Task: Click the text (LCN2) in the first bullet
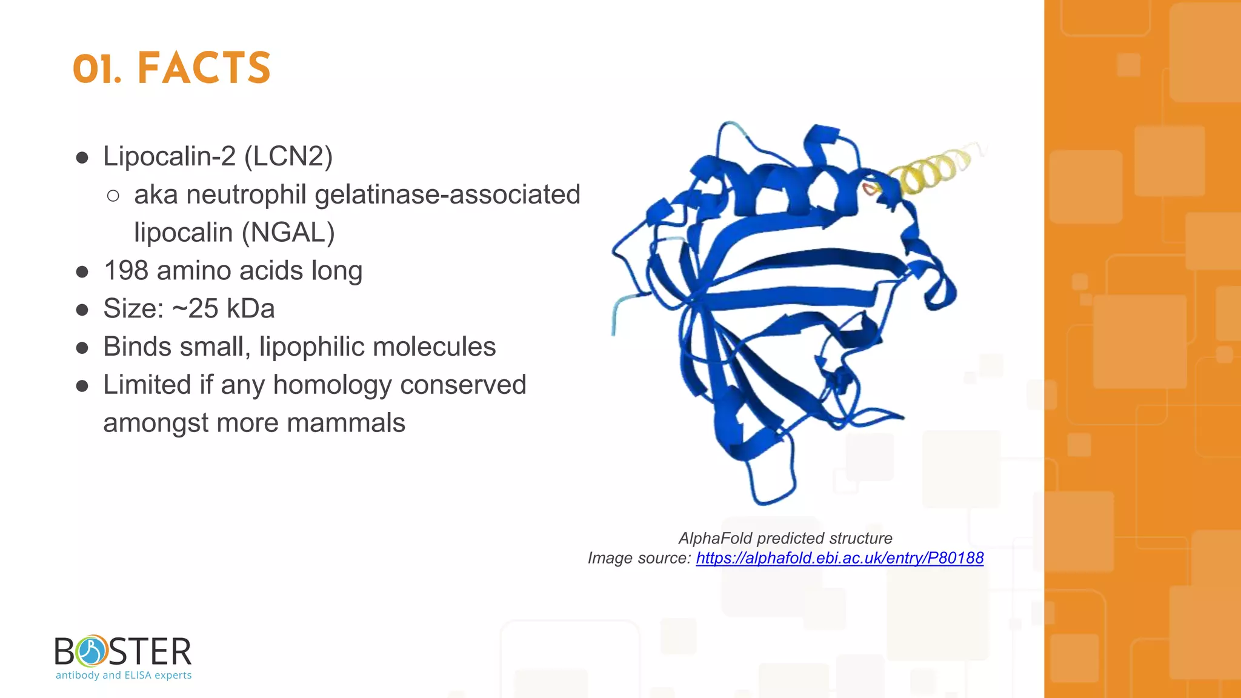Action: point(288,156)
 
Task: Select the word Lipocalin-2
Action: point(169,156)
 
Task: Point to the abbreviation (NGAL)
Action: point(288,233)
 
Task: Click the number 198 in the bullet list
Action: point(126,271)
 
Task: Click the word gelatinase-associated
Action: point(447,194)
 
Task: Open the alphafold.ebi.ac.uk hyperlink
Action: point(839,558)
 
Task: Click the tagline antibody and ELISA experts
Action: point(124,675)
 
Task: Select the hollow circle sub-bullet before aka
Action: point(113,196)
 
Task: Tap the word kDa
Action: point(250,309)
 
